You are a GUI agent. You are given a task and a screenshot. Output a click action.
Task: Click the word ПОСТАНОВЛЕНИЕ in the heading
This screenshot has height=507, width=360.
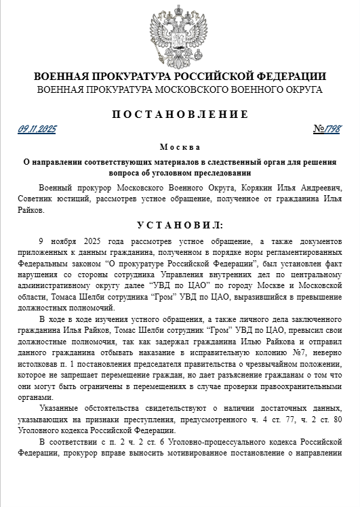click(x=180, y=114)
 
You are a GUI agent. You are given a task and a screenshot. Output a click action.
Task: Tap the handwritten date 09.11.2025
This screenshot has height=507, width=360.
click(x=37, y=129)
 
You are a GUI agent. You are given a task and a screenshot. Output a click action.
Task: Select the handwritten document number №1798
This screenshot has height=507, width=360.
click(x=327, y=129)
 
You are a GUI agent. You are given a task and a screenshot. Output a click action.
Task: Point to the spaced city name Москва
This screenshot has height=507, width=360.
click(x=180, y=146)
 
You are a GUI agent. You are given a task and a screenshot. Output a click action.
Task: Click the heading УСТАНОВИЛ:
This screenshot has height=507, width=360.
click(x=180, y=224)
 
